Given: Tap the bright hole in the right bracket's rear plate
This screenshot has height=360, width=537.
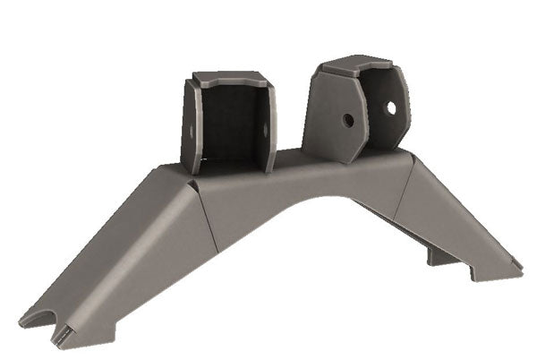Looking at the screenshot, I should [390, 107].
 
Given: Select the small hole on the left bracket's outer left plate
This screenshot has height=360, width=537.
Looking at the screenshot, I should [191, 129].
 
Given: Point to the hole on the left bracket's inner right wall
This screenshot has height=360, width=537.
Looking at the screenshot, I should [265, 128].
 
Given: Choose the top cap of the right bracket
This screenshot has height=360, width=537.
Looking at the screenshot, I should [356, 64].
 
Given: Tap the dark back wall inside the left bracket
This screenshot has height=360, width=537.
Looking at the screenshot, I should [230, 125].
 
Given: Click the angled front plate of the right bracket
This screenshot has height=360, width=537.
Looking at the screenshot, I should [333, 116].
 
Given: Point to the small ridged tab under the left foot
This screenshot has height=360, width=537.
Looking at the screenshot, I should [63, 336].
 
